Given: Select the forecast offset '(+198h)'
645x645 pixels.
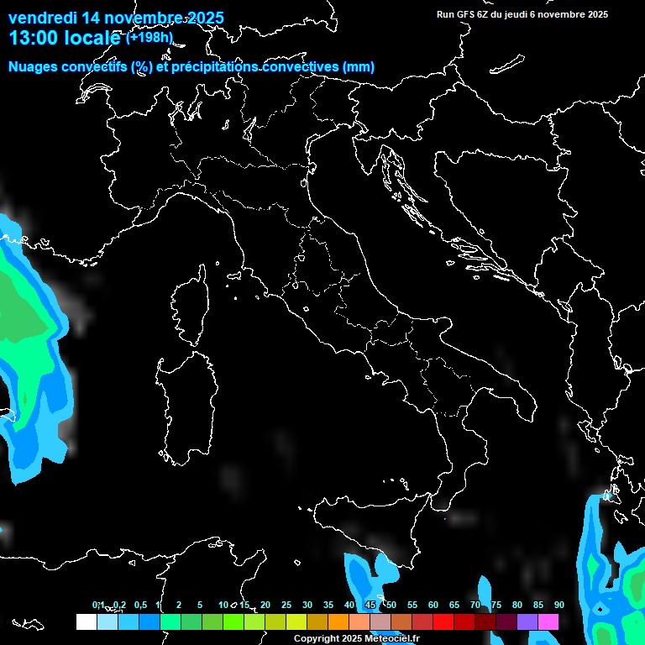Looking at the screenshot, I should [149, 37].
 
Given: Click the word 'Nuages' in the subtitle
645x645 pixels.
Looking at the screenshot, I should [33, 67].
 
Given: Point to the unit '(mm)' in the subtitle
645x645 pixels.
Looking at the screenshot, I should [359, 67].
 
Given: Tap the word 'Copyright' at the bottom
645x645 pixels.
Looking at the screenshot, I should [317, 639].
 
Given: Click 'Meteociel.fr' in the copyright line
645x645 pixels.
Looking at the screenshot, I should [391, 639].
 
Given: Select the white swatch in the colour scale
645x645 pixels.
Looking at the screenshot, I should [86, 621].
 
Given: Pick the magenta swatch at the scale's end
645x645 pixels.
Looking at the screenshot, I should [548, 621].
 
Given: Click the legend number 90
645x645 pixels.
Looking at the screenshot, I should [558, 606].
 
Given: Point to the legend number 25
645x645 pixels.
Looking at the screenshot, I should [286, 606].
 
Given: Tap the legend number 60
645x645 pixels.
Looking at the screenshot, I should [433, 606].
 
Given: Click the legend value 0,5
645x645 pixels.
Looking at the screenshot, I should [139, 606].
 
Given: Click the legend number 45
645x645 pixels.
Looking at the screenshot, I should [370, 606].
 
